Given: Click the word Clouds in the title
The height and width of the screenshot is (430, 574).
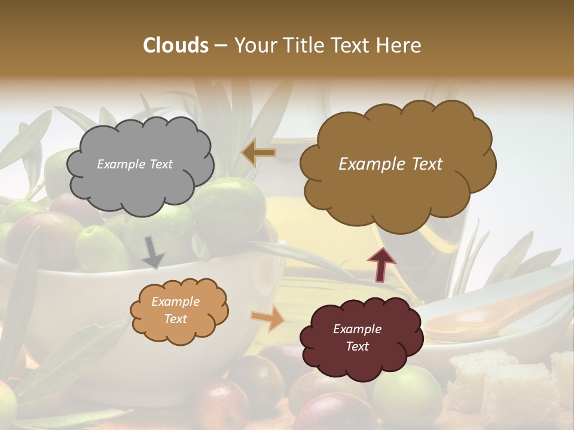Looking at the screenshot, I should click(176, 45).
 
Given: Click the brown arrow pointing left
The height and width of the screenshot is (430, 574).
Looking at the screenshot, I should click(258, 153).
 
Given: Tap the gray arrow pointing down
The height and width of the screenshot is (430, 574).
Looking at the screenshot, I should click(154, 252).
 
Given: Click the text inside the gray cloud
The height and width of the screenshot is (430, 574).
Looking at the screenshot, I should click(135, 164).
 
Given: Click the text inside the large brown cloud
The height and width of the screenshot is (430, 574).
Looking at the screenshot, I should click(390, 164).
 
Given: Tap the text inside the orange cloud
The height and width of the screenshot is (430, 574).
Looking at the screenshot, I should click(175, 311).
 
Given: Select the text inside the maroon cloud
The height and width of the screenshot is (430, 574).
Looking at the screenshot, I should click(357, 337).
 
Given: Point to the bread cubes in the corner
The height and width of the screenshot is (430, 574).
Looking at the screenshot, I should click(508, 382).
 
